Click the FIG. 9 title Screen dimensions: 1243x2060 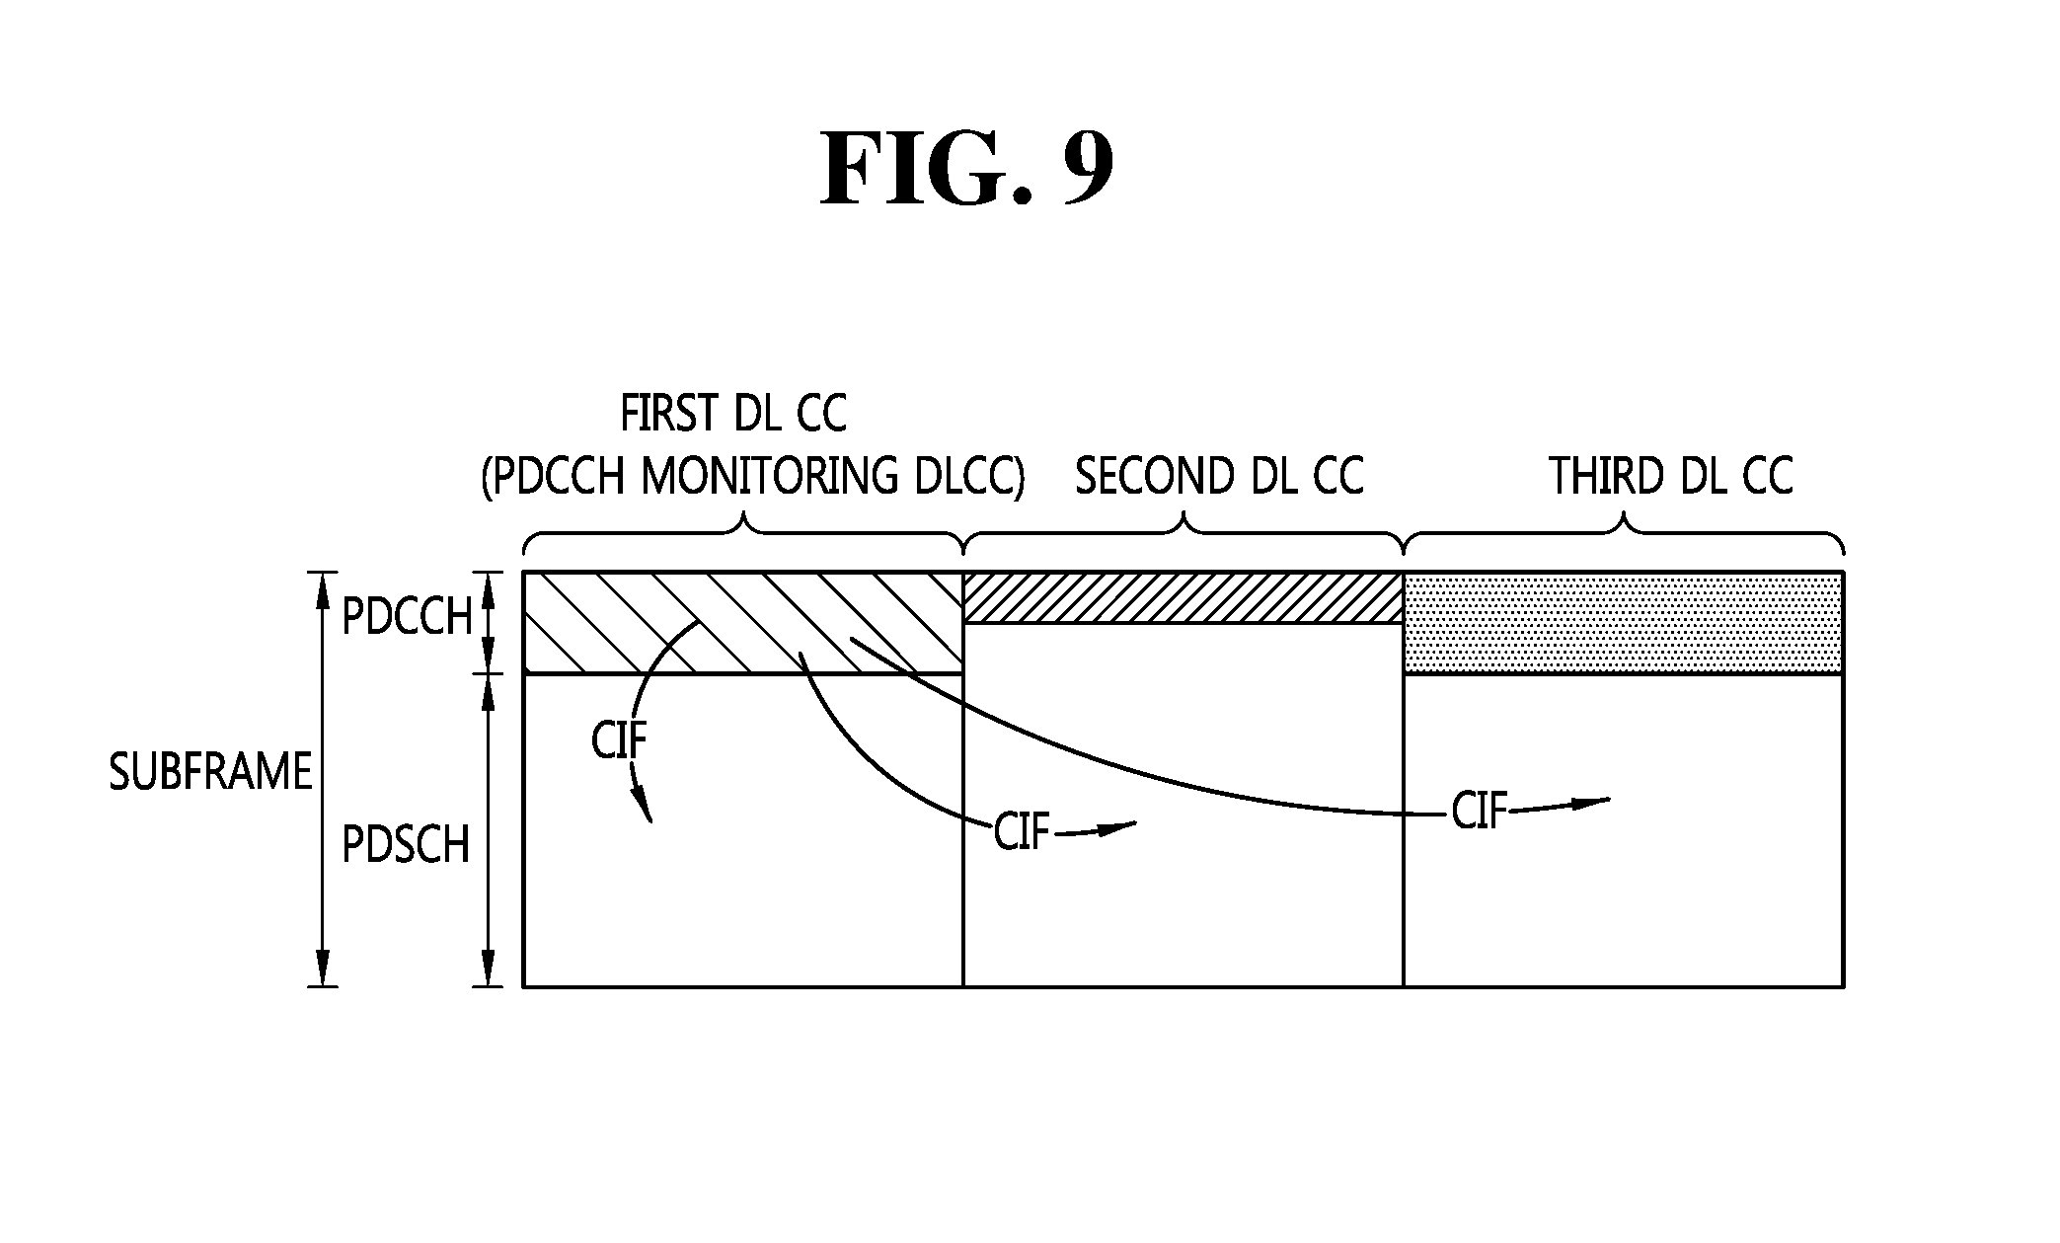coord(967,169)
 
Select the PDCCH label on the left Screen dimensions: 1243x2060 coord(407,618)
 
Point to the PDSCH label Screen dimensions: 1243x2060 coord(405,845)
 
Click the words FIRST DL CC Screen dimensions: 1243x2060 coord(732,415)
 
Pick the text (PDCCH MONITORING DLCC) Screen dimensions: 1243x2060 coord(752,478)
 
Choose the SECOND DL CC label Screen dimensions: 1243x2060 coord(1218,477)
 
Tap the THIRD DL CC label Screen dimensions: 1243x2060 coord(1670,477)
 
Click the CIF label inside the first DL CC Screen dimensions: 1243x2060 coord(619,741)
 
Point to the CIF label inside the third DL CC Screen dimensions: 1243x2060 coord(1480,813)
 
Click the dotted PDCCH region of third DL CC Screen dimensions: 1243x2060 coord(1624,623)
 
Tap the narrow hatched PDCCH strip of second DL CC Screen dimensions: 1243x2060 coord(1183,597)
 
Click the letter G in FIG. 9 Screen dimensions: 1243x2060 coord(973,169)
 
